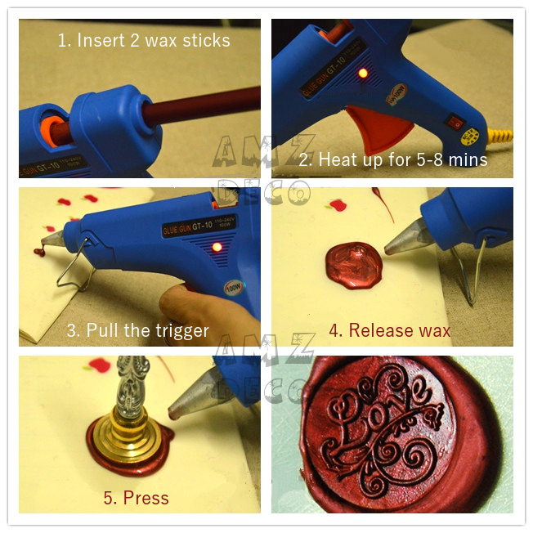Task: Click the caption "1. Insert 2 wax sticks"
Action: point(144,41)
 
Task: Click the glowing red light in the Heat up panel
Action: point(361,74)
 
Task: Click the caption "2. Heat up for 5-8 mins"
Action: point(392,159)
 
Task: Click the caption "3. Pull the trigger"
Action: point(138,330)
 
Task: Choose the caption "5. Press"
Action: point(135,497)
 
